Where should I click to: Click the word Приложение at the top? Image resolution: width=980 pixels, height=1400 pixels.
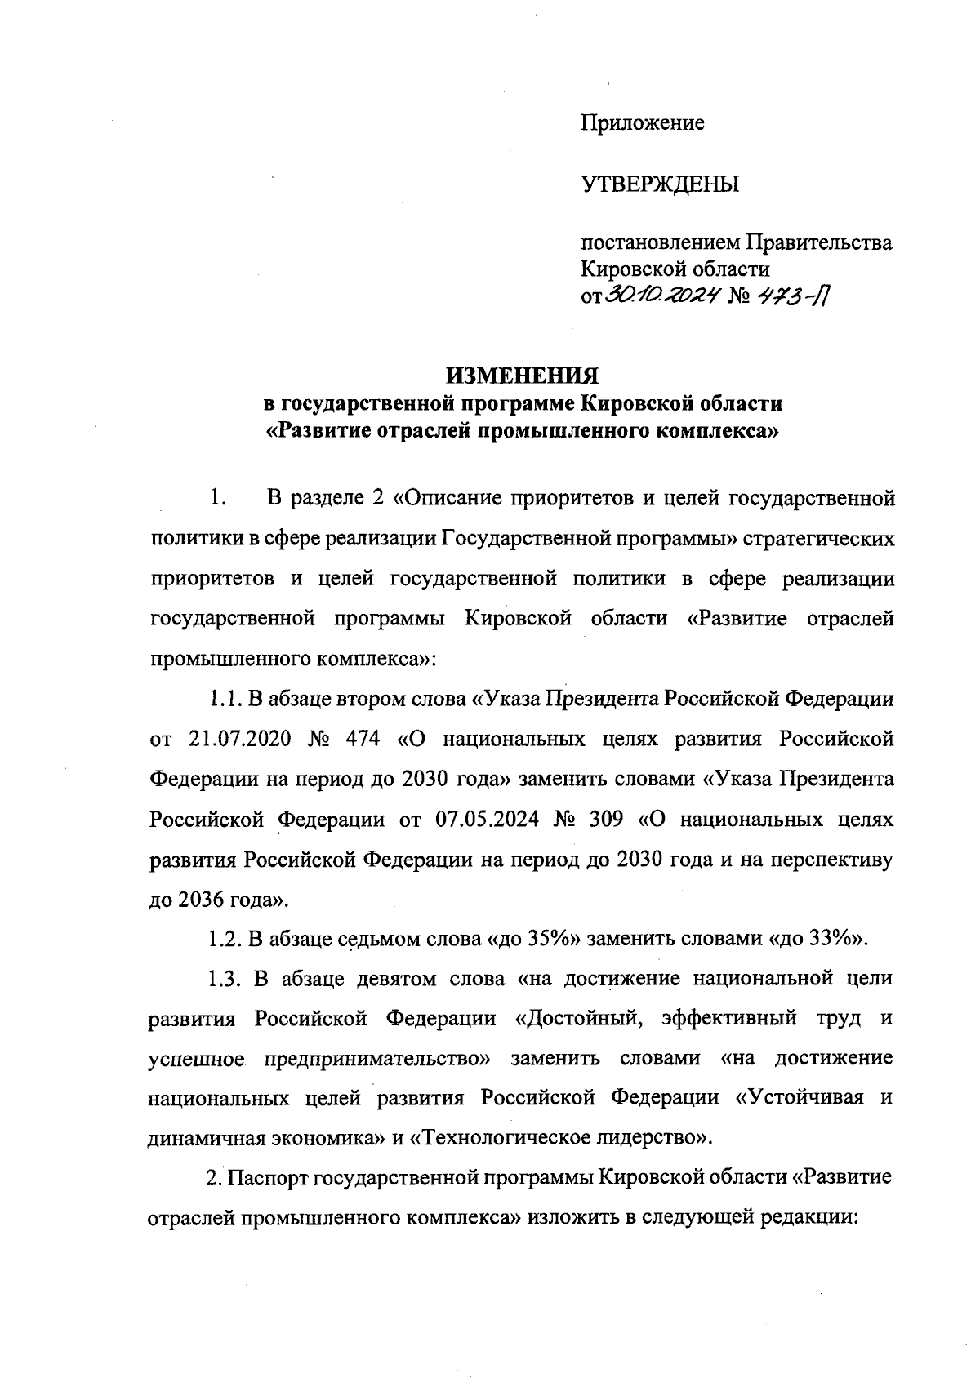(642, 124)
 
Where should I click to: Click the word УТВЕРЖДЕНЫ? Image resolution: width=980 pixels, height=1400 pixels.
(659, 185)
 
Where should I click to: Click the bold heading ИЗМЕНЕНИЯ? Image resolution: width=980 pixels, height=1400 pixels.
(522, 376)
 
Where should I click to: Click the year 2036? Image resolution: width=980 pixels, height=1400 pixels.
(200, 899)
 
